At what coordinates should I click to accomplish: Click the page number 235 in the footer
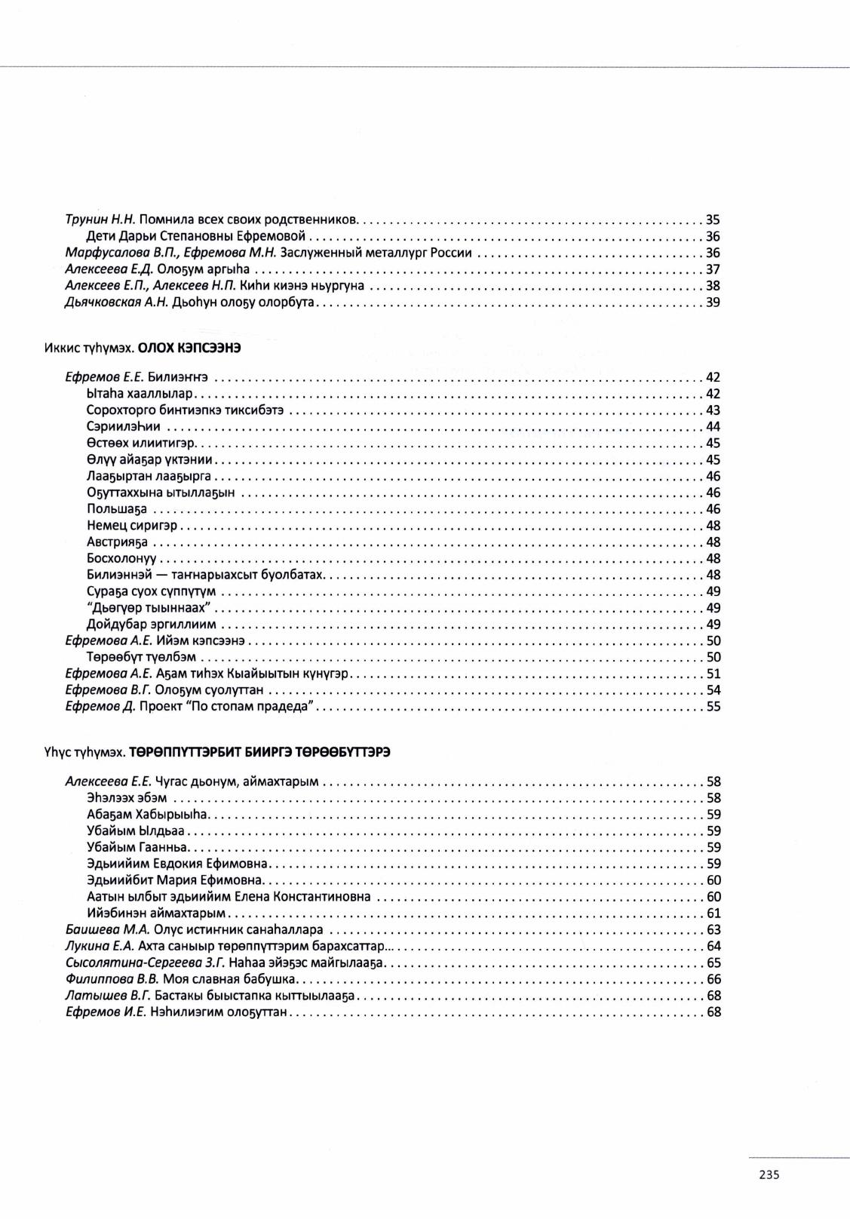click(x=769, y=1174)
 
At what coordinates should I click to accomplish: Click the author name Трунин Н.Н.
click(x=100, y=220)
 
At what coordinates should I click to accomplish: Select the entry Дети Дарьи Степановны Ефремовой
click(x=195, y=237)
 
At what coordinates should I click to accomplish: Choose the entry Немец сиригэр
click(x=132, y=526)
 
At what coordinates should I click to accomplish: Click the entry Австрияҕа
click(x=118, y=542)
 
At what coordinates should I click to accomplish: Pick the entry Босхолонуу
click(x=122, y=559)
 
